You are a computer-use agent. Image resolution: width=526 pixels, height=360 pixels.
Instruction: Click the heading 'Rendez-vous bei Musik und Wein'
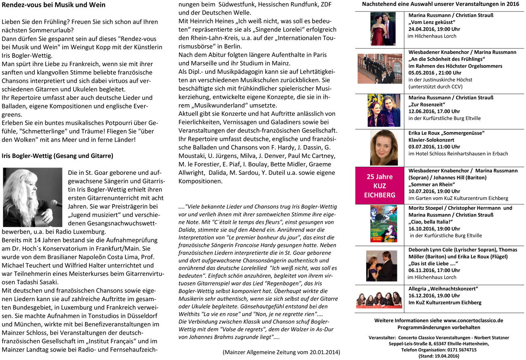point(53,5)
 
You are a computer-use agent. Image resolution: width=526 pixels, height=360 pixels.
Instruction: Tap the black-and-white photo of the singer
point(32,197)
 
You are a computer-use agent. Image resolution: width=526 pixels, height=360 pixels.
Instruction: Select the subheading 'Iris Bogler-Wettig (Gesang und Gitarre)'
point(57,156)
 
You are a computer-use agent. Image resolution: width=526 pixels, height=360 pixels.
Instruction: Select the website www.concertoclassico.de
point(473,320)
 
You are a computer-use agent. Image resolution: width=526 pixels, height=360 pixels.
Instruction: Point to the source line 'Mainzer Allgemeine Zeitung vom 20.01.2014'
point(281,352)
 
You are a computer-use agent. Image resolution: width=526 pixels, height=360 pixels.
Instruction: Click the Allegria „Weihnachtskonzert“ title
point(443,289)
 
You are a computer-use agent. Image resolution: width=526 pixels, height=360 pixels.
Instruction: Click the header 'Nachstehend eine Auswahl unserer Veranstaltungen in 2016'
point(440,4)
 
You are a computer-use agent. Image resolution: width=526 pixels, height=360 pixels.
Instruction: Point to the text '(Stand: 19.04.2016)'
point(439,356)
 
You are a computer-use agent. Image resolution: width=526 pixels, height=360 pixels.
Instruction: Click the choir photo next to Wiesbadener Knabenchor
point(380,68)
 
